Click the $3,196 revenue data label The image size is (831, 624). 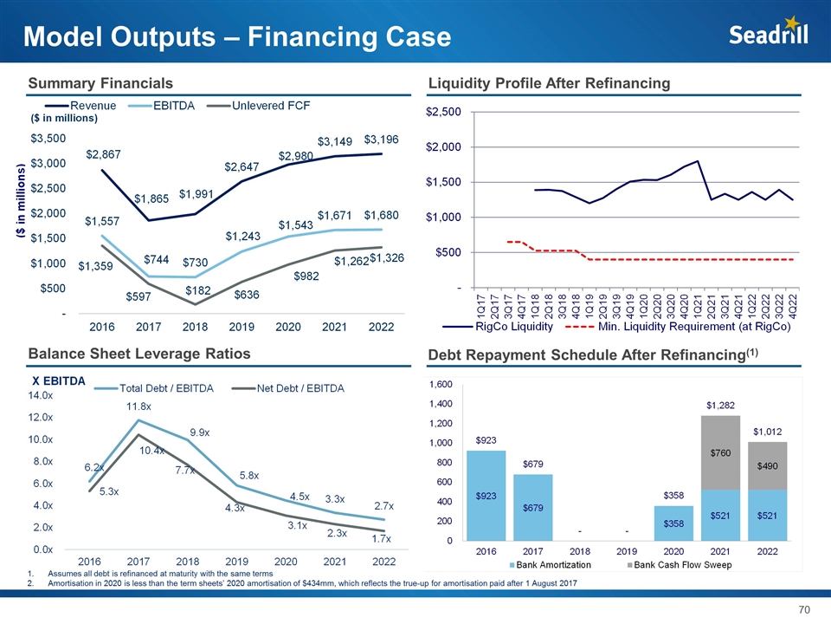pyautogui.click(x=382, y=139)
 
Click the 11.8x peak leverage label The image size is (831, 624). pyautogui.click(x=140, y=405)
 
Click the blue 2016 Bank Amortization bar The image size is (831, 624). pyautogui.click(x=486, y=495)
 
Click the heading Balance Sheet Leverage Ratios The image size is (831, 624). pyautogui.click(x=139, y=354)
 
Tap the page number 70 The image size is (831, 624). pyautogui.click(x=803, y=610)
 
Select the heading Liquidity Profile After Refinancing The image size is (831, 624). pyautogui.click(x=550, y=82)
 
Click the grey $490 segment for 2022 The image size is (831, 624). pyautogui.click(x=765, y=465)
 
